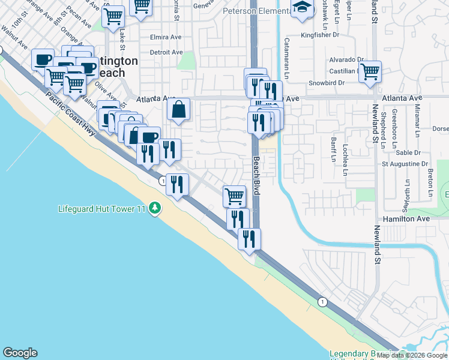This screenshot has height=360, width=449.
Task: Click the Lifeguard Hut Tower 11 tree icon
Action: pyautogui.click(x=155, y=208)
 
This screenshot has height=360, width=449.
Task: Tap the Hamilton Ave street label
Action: pyautogui.click(x=408, y=219)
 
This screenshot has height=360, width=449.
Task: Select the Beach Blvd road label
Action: pyautogui.click(x=256, y=176)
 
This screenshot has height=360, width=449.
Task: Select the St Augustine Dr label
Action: pyautogui.click(x=405, y=163)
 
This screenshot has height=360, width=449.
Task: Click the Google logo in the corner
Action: pyautogui.click(x=20, y=353)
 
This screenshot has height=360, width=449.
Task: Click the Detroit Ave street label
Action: pyautogui.click(x=166, y=52)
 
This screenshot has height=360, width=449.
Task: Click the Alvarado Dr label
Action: pyautogui.click(x=346, y=60)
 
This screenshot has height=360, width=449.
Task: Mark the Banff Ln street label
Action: pyautogui.click(x=332, y=149)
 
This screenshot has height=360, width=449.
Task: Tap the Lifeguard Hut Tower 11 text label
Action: pyautogui.click(x=102, y=209)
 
